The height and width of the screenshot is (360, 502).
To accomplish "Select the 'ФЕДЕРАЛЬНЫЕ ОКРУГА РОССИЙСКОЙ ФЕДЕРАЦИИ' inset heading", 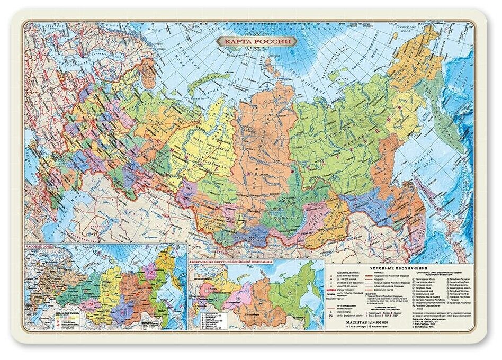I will [230, 262].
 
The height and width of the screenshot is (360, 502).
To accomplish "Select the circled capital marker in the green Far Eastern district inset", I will [291, 292].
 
